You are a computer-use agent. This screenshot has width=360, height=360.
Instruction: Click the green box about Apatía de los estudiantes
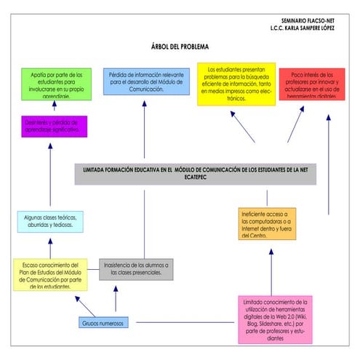[52, 84]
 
